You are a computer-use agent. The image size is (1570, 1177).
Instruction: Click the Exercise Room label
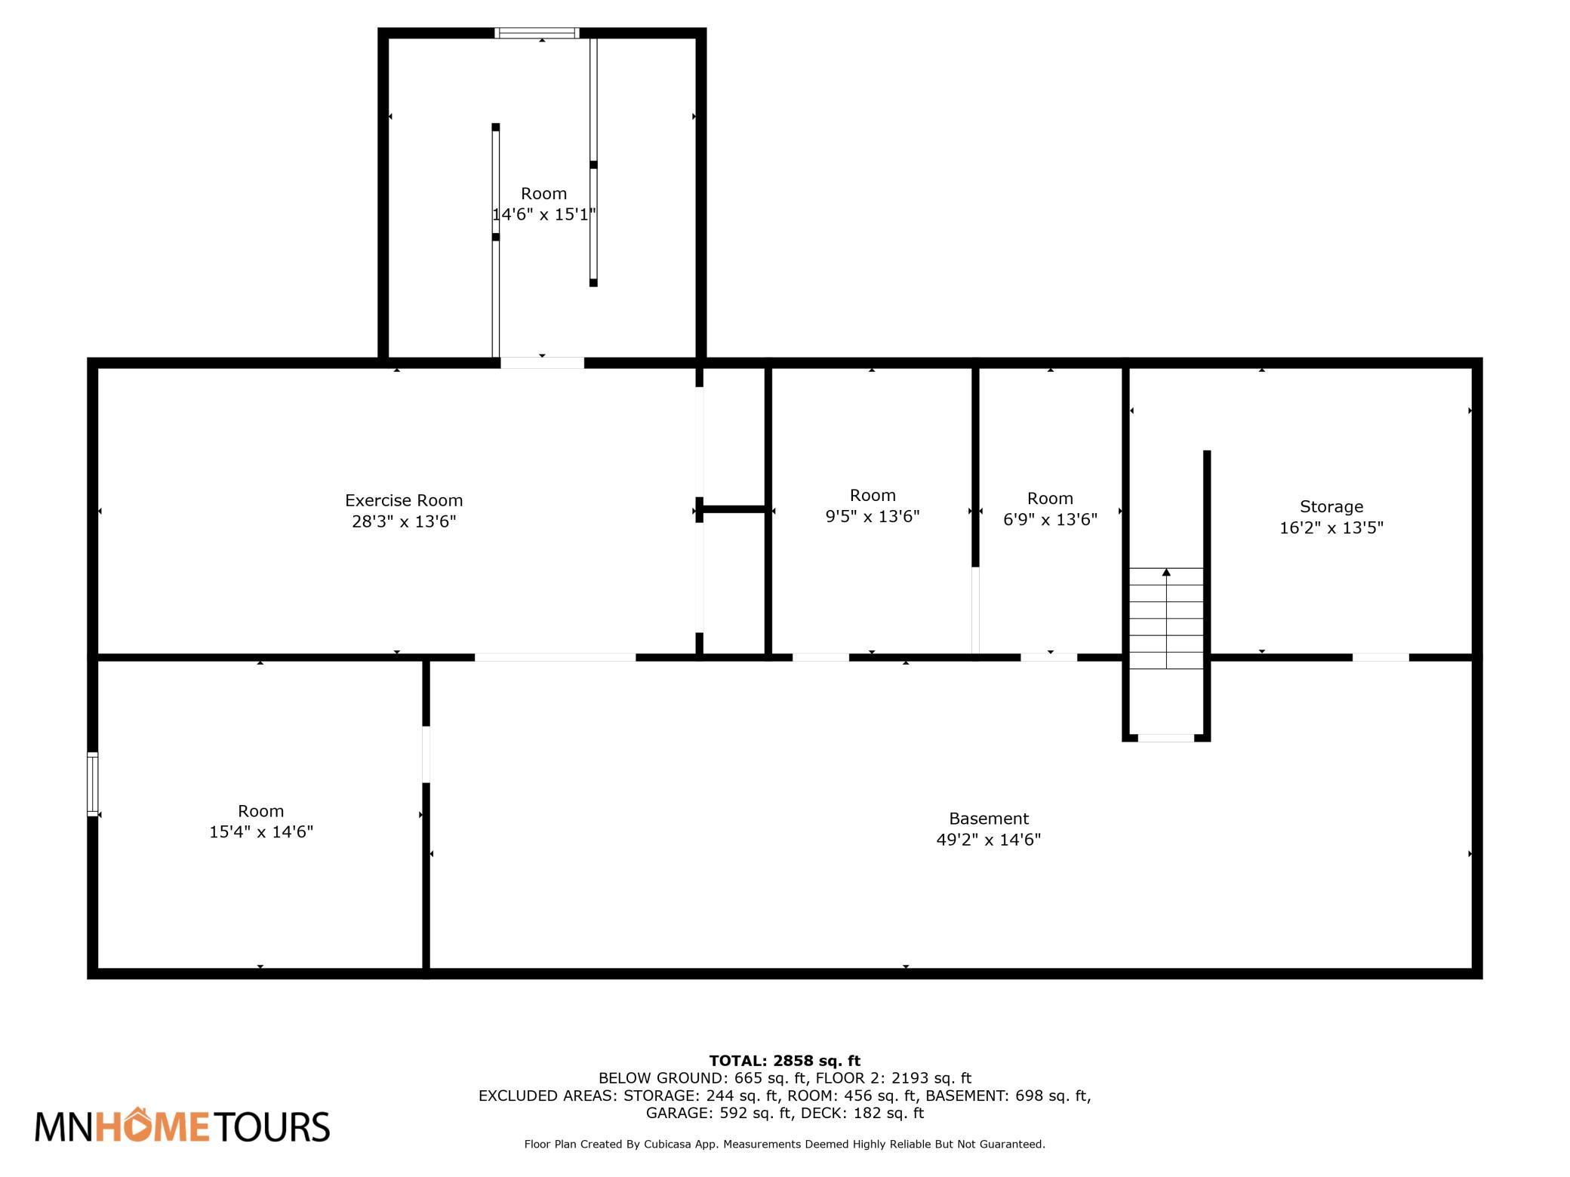pyautogui.click(x=404, y=500)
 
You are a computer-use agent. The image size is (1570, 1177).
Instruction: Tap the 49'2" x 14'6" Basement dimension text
pyautogui.click(x=989, y=840)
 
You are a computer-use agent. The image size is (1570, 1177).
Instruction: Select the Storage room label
pyautogui.click(x=1331, y=507)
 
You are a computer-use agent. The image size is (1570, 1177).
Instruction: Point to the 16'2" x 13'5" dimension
pyautogui.click(x=1331, y=528)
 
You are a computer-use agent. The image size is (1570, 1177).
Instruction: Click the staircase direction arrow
pyautogui.click(x=1166, y=619)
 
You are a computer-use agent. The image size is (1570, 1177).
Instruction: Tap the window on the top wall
pyautogui.click(x=537, y=33)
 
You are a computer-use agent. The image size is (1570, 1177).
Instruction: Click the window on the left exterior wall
pyautogui.click(x=93, y=784)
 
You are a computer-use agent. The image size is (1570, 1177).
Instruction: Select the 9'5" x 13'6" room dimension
pyautogui.click(x=873, y=517)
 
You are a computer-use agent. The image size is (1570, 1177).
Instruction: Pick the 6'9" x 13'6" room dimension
pyautogui.click(x=1050, y=520)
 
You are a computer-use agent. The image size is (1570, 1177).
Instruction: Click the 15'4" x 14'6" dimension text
pyautogui.click(x=261, y=832)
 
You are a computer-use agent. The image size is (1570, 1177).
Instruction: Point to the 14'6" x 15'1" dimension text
pyautogui.click(x=544, y=214)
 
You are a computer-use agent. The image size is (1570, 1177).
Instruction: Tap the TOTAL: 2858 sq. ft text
pyautogui.click(x=785, y=1061)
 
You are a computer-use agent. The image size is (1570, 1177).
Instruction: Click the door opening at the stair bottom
pyautogui.click(x=1166, y=738)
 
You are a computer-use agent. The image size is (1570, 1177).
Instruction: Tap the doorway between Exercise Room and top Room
pyautogui.click(x=542, y=363)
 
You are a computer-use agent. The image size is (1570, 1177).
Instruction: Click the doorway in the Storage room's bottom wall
pyautogui.click(x=1381, y=658)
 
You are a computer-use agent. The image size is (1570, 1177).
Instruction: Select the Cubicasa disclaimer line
pyautogui.click(x=785, y=1145)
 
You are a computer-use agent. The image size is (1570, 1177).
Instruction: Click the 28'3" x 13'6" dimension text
pyautogui.click(x=405, y=521)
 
